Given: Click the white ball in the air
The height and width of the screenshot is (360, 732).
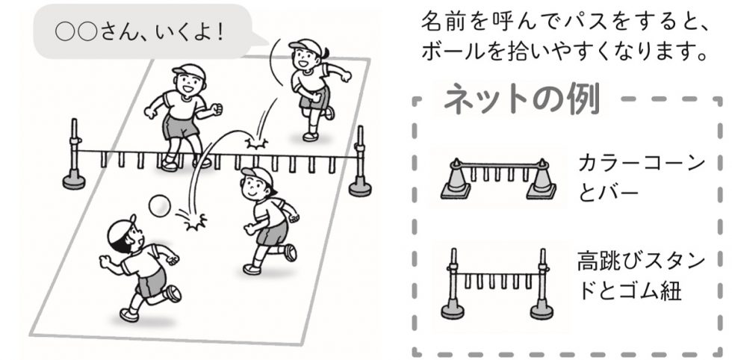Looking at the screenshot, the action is [159, 206].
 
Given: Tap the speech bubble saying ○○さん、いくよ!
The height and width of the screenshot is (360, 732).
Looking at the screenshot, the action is [143, 32].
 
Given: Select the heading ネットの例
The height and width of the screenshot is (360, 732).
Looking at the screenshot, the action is [521, 99].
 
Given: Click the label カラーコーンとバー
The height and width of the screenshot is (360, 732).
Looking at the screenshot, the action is [641, 178].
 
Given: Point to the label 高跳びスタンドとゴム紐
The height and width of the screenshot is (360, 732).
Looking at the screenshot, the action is [641, 276].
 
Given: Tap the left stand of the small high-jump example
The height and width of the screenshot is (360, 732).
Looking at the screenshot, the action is [453, 284].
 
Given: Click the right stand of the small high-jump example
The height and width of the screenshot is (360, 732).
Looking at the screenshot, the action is [542, 284].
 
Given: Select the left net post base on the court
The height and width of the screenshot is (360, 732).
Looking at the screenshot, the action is [74, 181].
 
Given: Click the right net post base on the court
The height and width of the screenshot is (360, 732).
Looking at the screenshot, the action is [360, 187].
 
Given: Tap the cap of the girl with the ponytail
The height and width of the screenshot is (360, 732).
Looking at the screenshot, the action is [303, 46].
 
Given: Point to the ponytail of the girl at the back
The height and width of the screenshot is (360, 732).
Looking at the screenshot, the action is [326, 52].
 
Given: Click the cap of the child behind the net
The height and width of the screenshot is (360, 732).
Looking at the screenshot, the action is [188, 72].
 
